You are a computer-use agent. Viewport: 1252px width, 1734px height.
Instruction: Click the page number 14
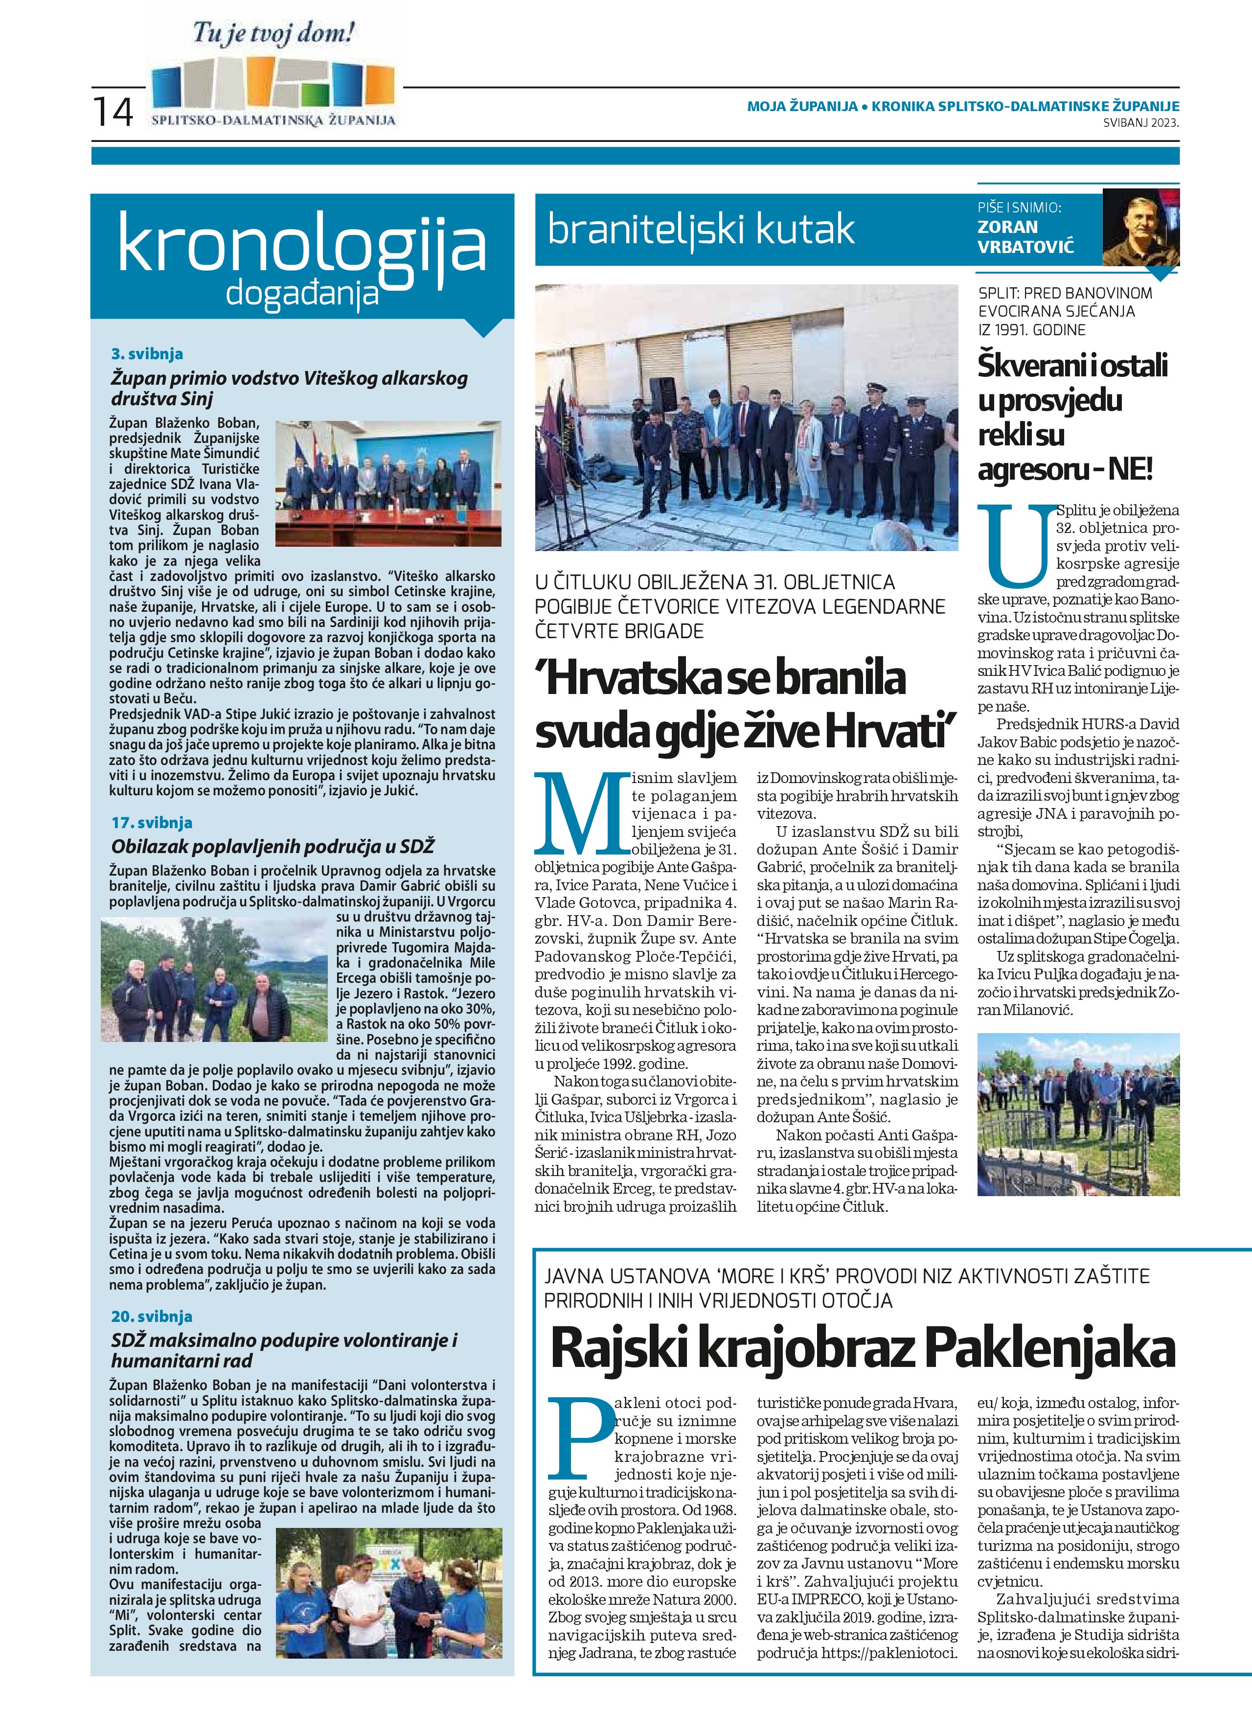tap(113, 112)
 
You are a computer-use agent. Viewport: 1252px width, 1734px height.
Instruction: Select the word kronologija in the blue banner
tap(302, 246)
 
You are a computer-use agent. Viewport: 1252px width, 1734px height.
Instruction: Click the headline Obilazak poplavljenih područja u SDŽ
tap(273, 846)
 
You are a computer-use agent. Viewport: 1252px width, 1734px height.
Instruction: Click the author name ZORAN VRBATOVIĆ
tap(1025, 236)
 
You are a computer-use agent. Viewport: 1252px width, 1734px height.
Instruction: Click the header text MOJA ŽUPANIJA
tap(802, 106)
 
